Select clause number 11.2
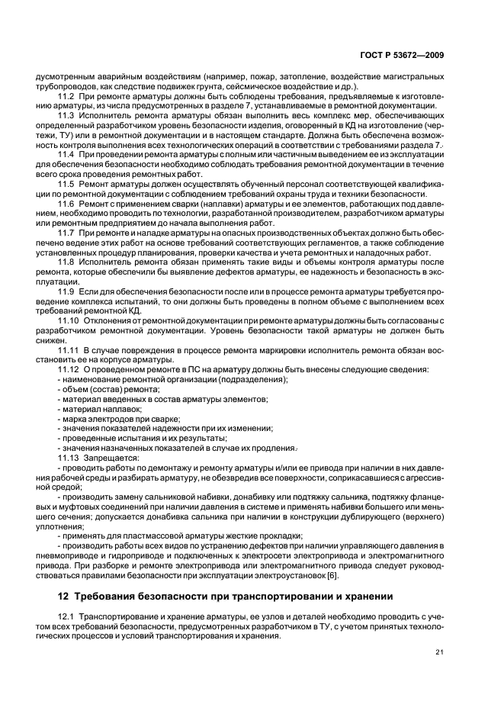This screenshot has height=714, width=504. coord(66,98)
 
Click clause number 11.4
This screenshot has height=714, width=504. coord(66,155)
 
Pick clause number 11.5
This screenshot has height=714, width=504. coord(66,185)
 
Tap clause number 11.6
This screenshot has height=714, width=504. coord(66,204)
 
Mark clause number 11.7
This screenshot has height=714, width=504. coord(66,233)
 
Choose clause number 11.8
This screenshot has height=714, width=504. coord(66,262)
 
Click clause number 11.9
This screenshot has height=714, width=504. coord(66,291)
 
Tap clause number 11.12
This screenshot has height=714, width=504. coord(69,370)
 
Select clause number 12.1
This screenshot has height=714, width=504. coord(66,616)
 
